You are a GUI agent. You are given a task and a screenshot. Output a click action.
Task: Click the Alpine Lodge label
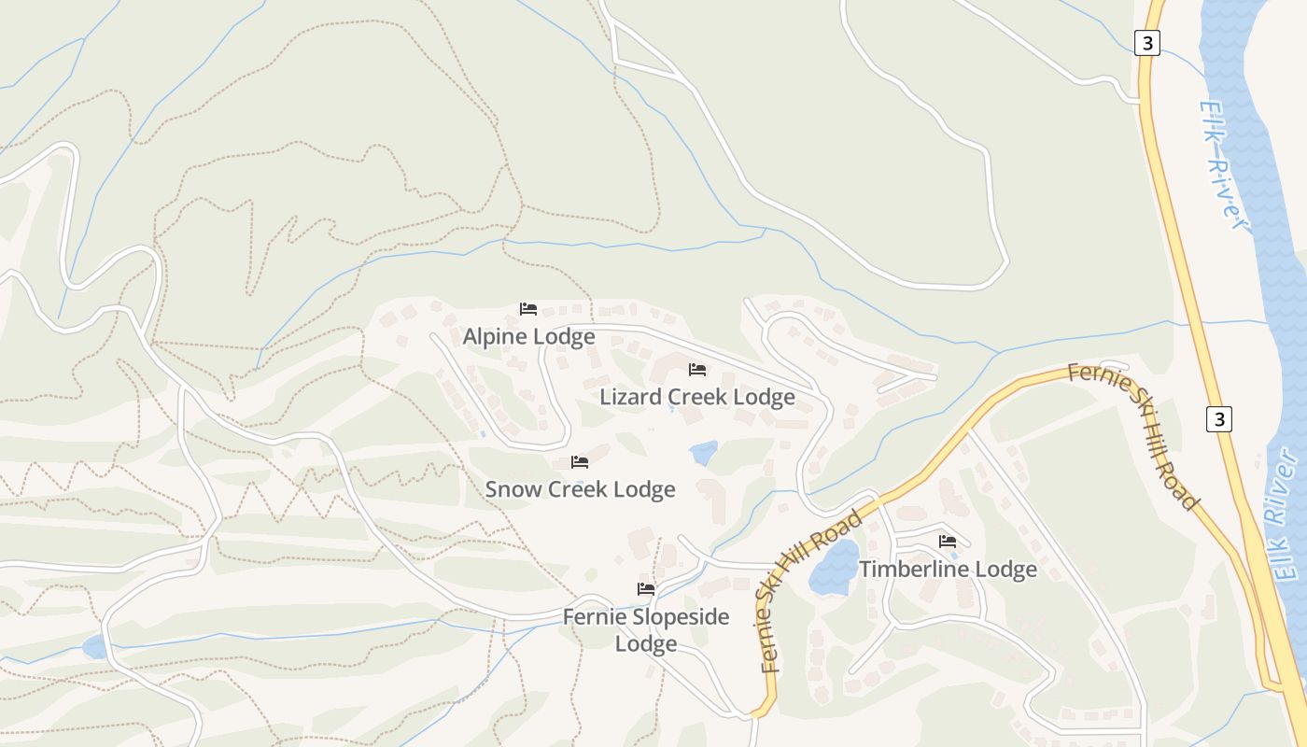(528, 337)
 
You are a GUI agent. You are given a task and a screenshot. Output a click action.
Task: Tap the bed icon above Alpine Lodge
(528, 309)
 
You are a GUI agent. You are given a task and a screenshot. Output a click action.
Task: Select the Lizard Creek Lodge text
(696, 397)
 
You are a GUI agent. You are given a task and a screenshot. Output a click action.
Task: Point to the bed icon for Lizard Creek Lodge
(697, 370)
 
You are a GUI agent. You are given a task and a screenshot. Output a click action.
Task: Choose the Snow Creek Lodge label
(580, 489)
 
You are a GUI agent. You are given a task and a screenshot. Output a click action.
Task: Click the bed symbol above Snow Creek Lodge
(580, 462)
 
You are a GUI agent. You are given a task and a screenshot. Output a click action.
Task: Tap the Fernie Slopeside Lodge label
(645, 630)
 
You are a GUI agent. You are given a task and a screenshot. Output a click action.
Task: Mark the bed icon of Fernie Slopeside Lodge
(645, 589)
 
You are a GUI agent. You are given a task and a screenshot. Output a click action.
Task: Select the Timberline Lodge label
(948, 569)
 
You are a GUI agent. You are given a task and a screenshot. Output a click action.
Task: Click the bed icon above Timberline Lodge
(948, 542)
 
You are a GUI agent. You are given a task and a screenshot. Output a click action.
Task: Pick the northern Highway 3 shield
(1147, 43)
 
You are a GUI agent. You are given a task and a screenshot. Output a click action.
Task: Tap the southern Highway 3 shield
(1218, 419)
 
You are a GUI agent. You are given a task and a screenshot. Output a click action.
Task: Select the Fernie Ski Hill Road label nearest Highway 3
(1133, 434)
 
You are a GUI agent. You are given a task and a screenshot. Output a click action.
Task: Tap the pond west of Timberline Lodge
(834, 568)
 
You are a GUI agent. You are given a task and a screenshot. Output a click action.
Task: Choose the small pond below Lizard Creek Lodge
(704, 453)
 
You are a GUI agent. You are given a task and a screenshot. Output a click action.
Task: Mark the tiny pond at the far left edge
(94, 646)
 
